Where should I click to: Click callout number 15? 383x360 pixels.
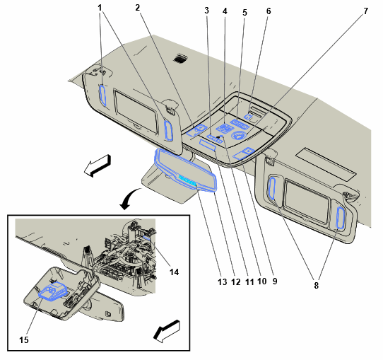pyautogui.click(x=24, y=339)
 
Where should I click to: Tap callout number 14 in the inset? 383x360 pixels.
pyautogui.click(x=174, y=272)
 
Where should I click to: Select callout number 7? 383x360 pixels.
pyautogui.click(x=365, y=11)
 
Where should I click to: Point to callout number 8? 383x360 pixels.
pyautogui.click(x=317, y=285)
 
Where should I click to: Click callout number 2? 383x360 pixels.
pyautogui.click(x=138, y=8)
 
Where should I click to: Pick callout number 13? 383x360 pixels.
pyautogui.click(x=223, y=282)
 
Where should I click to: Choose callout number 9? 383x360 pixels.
pyautogui.click(x=275, y=281)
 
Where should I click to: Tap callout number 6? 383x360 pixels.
pyautogui.click(x=269, y=11)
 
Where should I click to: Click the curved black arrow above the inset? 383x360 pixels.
pyautogui.click(x=129, y=199)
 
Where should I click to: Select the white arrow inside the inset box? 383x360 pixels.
pyautogui.click(x=167, y=331)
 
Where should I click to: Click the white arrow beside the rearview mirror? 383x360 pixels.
pyautogui.click(x=98, y=166)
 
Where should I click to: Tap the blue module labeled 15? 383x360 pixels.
pyautogui.click(x=53, y=291)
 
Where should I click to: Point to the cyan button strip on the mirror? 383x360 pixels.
pyautogui.click(x=188, y=180)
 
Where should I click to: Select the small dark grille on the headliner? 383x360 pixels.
pyautogui.click(x=181, y=59)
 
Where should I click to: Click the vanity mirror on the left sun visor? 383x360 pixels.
pyautogui.click(x=136, y=111)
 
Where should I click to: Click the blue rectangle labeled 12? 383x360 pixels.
pyautogui.click(x=208, y=144)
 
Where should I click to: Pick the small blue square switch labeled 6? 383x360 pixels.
pyautogui.click(x=249, y=116)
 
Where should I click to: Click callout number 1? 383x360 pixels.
pyautogui.click(x=100, y=8)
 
